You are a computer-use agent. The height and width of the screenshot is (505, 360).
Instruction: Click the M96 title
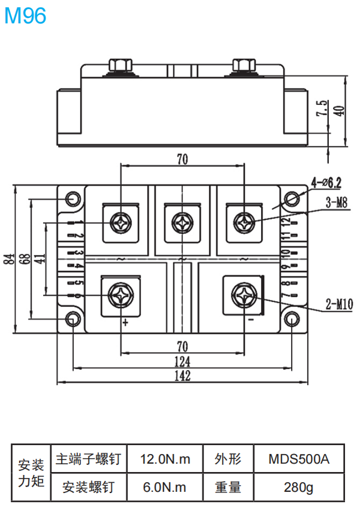coord(25,16)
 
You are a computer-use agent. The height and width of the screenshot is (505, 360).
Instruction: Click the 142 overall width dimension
coord(183,376)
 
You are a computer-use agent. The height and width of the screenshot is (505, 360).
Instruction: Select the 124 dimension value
coord(183,361)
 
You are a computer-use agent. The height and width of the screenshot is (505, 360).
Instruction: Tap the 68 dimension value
coord(25,259)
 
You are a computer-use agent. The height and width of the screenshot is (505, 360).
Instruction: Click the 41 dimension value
coord(40,259)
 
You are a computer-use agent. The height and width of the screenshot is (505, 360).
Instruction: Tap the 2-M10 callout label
coord(339,305)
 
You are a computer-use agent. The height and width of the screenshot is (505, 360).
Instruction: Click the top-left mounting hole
coord(73,199)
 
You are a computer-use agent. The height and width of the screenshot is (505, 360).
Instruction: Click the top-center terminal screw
coord(182,222)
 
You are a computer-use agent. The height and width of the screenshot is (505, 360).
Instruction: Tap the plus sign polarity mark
coord(125,322)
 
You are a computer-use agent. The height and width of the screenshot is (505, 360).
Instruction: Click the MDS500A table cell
coord(299,459)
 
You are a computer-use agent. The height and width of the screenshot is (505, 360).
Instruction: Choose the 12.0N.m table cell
coord(165,459)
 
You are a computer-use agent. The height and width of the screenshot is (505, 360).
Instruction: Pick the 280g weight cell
coord(299,487)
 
